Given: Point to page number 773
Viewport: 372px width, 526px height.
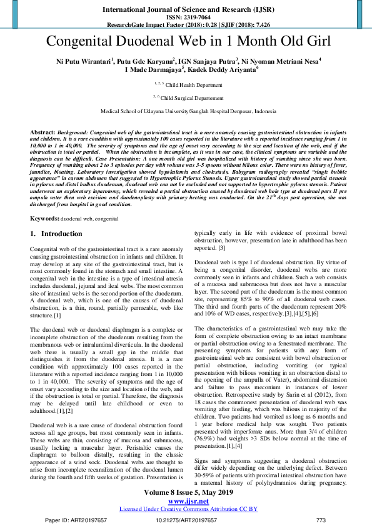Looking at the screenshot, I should tap(321, 520).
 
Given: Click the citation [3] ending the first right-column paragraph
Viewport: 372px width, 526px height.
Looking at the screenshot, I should tap(221, 265).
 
